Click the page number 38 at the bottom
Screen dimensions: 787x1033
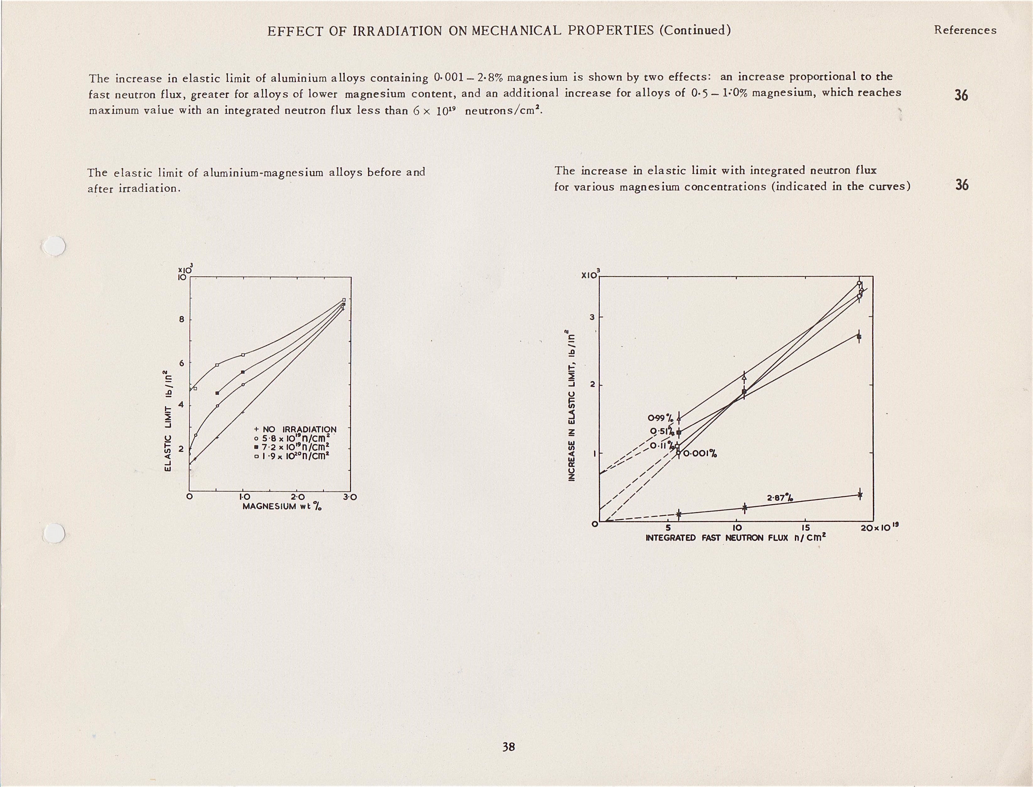pos(509,747)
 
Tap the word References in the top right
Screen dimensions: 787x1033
pos(965,30)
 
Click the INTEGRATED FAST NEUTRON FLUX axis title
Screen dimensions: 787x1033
pos(735,538)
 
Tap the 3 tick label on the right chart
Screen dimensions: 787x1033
pos(592,317)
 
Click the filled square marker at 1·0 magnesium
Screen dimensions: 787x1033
pos(242,372)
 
